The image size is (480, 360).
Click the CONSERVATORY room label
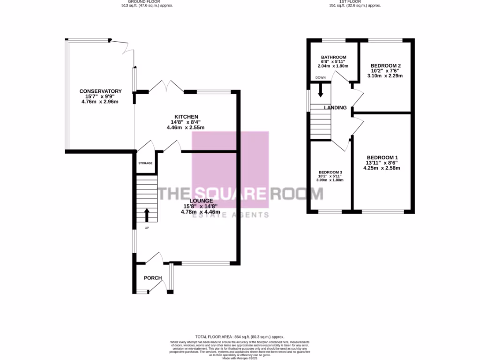100,91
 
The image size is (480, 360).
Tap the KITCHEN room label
186,117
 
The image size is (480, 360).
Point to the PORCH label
153,278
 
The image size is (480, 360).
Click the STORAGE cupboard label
145,163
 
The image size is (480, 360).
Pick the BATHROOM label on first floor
334,57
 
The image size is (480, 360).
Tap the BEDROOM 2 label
386,66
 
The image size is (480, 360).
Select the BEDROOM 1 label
382,157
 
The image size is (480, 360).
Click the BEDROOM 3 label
330,172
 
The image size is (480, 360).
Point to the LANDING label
335,108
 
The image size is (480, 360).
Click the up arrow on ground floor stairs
147,215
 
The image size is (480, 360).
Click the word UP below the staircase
147,228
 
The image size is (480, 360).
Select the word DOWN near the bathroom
321,77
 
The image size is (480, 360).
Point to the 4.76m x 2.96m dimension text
100,101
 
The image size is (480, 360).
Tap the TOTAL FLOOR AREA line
240,337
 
